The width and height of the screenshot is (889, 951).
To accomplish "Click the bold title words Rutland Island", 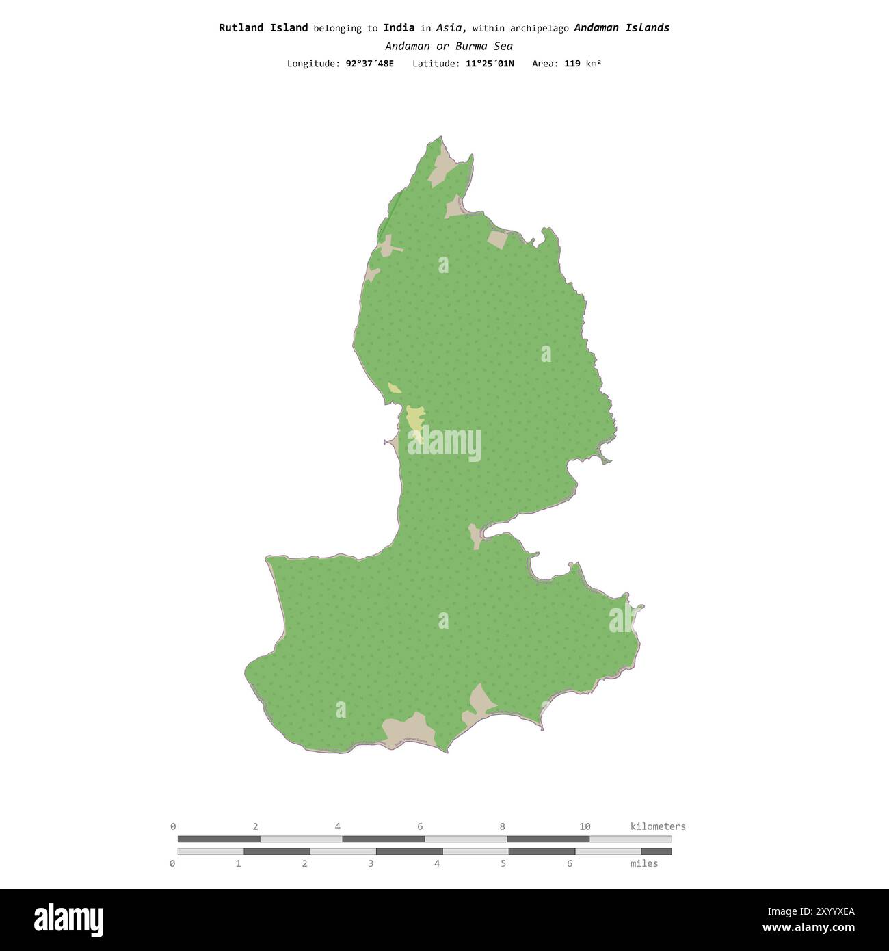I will (263, 28).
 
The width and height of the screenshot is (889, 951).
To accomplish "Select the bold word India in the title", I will (399, 28).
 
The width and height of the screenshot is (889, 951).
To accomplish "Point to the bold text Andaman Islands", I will (622, 28).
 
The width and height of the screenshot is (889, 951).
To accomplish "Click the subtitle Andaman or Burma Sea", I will (449, 47).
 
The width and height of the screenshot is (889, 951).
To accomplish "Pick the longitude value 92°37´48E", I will (370, 64).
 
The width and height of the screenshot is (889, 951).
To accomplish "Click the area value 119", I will (572, 64).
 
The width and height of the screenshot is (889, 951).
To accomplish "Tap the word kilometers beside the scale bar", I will (657, 826).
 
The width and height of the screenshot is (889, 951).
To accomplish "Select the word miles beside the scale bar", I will (644, 863).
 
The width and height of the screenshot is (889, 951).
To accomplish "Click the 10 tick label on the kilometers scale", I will (585, 826).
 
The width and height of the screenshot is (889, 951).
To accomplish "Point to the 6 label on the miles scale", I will (570, 863).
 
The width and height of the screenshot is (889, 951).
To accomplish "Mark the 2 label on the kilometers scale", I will (256, 826).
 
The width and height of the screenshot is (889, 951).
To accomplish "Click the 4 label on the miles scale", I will (437, 863).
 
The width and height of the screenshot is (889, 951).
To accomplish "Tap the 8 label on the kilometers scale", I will (503, 826).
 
